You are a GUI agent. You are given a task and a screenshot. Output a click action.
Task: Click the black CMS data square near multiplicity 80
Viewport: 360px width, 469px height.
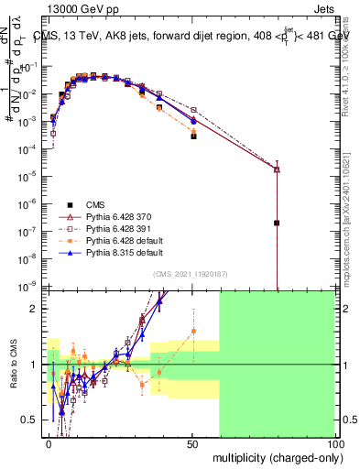point(277,223)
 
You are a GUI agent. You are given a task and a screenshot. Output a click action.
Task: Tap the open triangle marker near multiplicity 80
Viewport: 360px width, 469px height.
point(277,169)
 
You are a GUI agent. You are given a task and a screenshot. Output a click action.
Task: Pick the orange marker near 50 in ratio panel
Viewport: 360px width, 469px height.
point(193,331)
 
